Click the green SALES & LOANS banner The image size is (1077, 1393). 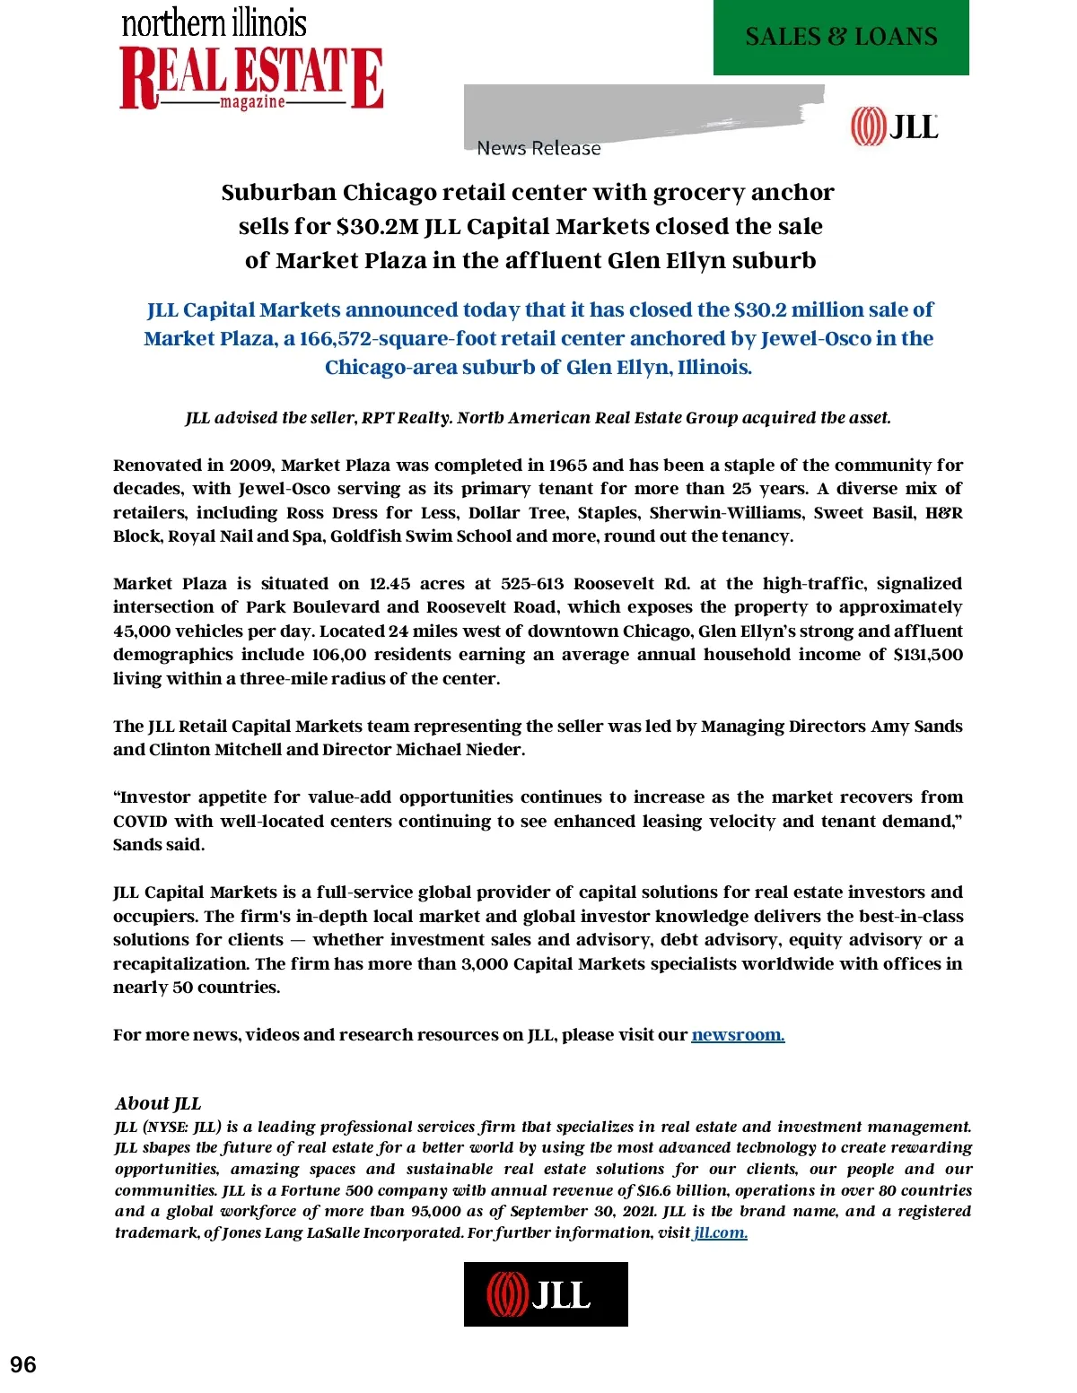[x=841, y=37]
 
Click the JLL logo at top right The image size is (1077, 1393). [x=894, y=126]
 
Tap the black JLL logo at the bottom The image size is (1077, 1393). [x=546, y=1293]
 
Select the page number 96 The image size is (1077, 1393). [x=23, y=1364]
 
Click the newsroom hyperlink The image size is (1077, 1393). [x=738, y=1035]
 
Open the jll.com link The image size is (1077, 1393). [x=720, y=1232]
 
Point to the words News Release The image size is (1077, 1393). [x=538, y=148]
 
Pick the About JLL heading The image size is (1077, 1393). [x=158, y=1103]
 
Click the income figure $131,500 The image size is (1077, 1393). [x=928, y=655]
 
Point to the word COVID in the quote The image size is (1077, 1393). [x=140, y=822]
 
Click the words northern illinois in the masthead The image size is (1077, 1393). [x=214, y=23]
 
